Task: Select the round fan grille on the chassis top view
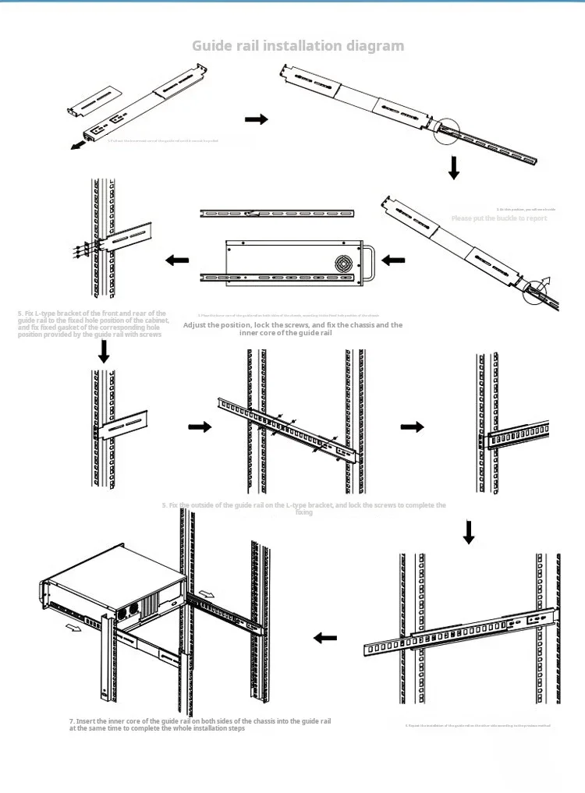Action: click(x=345, y=263)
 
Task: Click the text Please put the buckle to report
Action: click(x=499, y=218)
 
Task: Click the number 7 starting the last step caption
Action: click(x=71, y=721)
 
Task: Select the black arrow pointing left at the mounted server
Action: click(x=325, y=638)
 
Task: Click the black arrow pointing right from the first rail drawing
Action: click(x=256, y=119)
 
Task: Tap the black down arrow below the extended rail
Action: click(x=454, y=168)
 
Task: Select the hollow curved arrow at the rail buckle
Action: click(x=544, y=282)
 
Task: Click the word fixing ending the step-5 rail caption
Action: click(x=304, y=513)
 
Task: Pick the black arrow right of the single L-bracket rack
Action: click(x=200, y=427)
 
